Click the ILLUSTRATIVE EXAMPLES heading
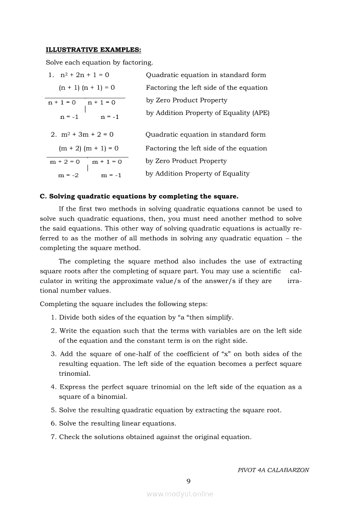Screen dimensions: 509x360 pyautogui.click(x=93, y=50)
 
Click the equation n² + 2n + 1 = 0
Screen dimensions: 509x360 pyautogui.click(x=85, y=75)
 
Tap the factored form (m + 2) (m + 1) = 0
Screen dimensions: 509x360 pyautogui.click(x=88, y=148)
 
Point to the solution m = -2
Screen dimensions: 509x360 pyautogui.click(x=68, y=175)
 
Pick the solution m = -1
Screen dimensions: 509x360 pyautogui.click(x=111, y=175)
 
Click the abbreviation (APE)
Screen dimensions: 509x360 pyautogui.click(x=261, y=113)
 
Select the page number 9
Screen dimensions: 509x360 pyautogui.click(x=188, y=481)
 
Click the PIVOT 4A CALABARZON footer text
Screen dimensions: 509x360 pyautogui.click(x=273, y=470)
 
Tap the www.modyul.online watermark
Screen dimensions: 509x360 pyautogui.click(x=180, y=494)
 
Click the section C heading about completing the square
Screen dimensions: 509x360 pyautogui.click(x=139, y=196)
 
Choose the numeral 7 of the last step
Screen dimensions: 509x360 pyautogui.click(x=53, y=437)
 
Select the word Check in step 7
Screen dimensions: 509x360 pyautogui.click(x=69, y=437)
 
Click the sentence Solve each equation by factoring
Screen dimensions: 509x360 pyautogui.click(x=99, y=63)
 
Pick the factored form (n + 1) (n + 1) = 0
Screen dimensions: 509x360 pyautogui.click(x=87, y=88)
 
